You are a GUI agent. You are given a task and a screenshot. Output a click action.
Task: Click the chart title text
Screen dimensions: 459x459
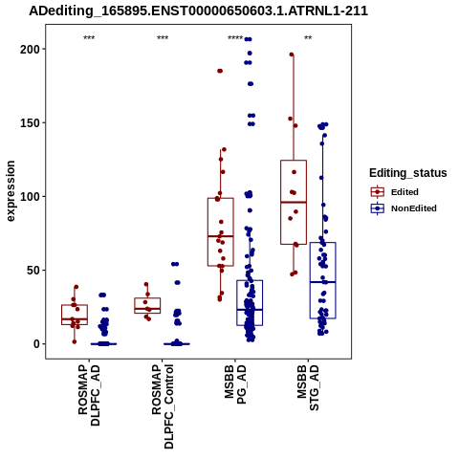tap(198, 11)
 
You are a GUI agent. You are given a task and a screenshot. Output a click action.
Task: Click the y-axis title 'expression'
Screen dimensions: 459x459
tap(11, 191)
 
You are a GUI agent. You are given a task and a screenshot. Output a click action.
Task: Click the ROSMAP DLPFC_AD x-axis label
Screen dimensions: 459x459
tap(89, 395)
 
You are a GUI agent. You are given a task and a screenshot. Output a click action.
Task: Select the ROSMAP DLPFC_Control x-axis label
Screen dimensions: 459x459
tap(163, 406)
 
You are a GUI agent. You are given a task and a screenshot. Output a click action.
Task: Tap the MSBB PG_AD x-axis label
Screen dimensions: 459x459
tap(235, 384)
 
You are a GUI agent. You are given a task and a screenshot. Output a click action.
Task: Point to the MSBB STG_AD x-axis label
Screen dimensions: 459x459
tap(308, 387)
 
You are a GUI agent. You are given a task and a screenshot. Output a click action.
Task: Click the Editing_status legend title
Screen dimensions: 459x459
tap(408, 173)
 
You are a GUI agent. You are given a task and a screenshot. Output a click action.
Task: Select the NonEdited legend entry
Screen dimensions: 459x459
tap(404, 208)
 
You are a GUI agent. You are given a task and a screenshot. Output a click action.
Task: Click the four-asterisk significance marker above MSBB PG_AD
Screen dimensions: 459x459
tap(235, 38)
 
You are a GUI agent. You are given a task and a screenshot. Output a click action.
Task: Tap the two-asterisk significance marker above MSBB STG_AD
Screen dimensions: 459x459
tap(308, 38)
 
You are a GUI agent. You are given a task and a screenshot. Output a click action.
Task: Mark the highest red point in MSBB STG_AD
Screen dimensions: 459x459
tap(292, 55)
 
